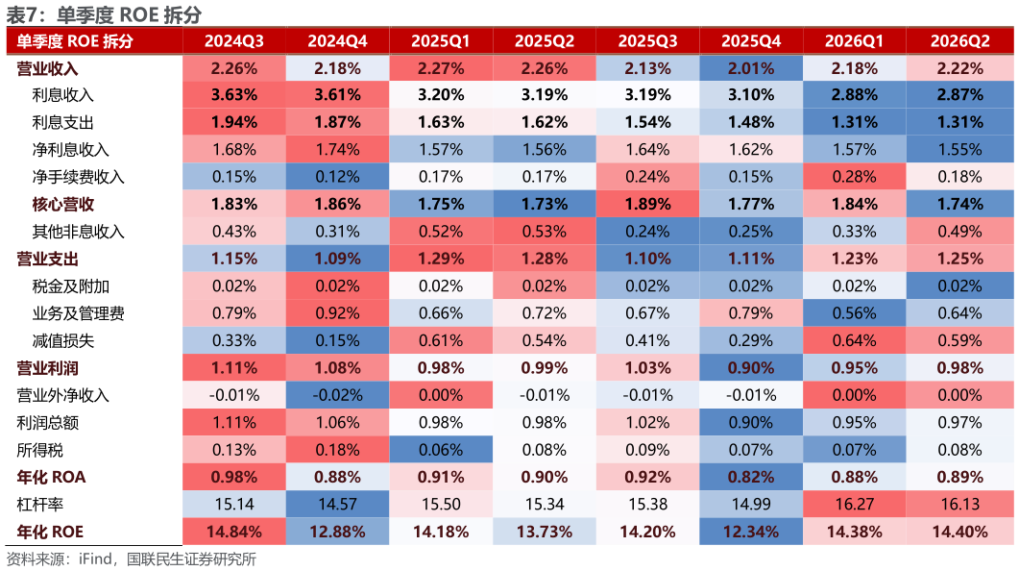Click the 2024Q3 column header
tap(234, 41)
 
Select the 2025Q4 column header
tap(751, 41)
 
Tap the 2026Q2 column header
tap(959, 41)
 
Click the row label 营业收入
tap(47, 68)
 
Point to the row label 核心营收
tap(63, 204)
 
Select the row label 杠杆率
tap(39, 504)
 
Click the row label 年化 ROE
tap(50, 532)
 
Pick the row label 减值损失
tap(63, 341)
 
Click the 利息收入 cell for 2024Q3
tap(234, 95)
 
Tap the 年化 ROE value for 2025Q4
tap(751, 532)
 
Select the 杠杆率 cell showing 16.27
tap(854, 504)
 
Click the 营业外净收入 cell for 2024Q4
tap(337, 395)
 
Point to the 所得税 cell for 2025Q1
tap(441, 450)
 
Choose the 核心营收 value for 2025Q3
tap(647, 204)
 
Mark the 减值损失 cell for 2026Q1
tap(854, 341)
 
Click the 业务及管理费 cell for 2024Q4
tap(337, 313)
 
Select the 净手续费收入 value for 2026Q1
tap(854, 177)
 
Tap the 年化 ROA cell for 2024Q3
tap(234, 477)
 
